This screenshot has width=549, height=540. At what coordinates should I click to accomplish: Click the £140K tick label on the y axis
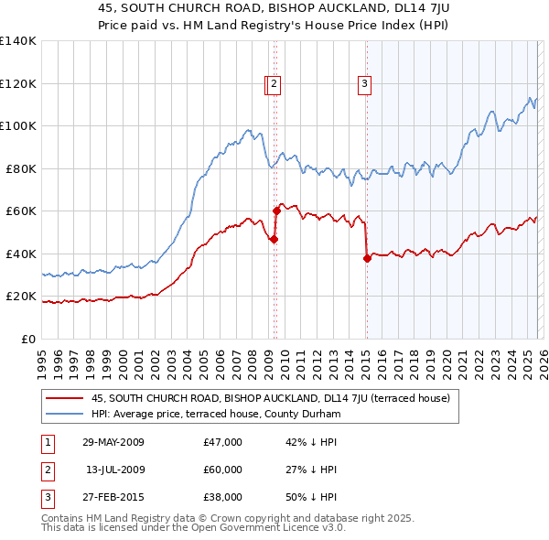(x=18, y=41)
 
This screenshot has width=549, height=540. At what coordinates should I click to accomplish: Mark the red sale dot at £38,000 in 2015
(x=367, y=258)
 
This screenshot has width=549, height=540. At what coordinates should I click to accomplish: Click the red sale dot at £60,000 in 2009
(x=276, y=211)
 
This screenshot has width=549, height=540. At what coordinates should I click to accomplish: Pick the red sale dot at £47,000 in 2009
(x=274, y=239)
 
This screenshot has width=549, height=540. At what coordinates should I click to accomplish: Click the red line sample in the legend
(x=65, y=398)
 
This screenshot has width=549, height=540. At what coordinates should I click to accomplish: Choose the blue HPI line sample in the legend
(x=65, y=414)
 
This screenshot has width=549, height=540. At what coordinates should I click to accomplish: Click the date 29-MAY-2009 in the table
(x=113, y=442)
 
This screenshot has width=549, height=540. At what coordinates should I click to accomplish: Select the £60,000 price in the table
(x=222, y=470)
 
